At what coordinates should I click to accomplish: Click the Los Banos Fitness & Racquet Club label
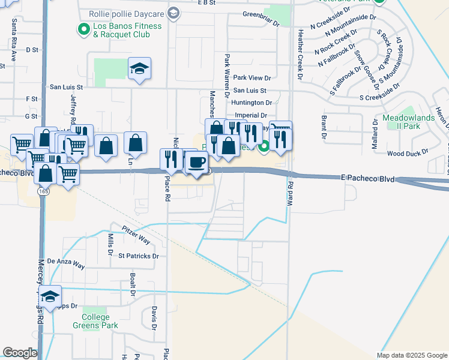[x=127, y=31]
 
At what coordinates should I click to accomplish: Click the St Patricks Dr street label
[x=138, y=256]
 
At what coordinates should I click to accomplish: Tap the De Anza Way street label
[x=66, y=262]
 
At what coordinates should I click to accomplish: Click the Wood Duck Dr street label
[x=406, y=154]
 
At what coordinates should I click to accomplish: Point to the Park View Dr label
[x=252, y=77]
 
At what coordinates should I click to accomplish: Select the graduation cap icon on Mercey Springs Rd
[x=50, y=296]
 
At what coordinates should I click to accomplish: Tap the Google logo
[x=20, y=353]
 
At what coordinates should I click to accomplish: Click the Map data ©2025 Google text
[x=412, y=355]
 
